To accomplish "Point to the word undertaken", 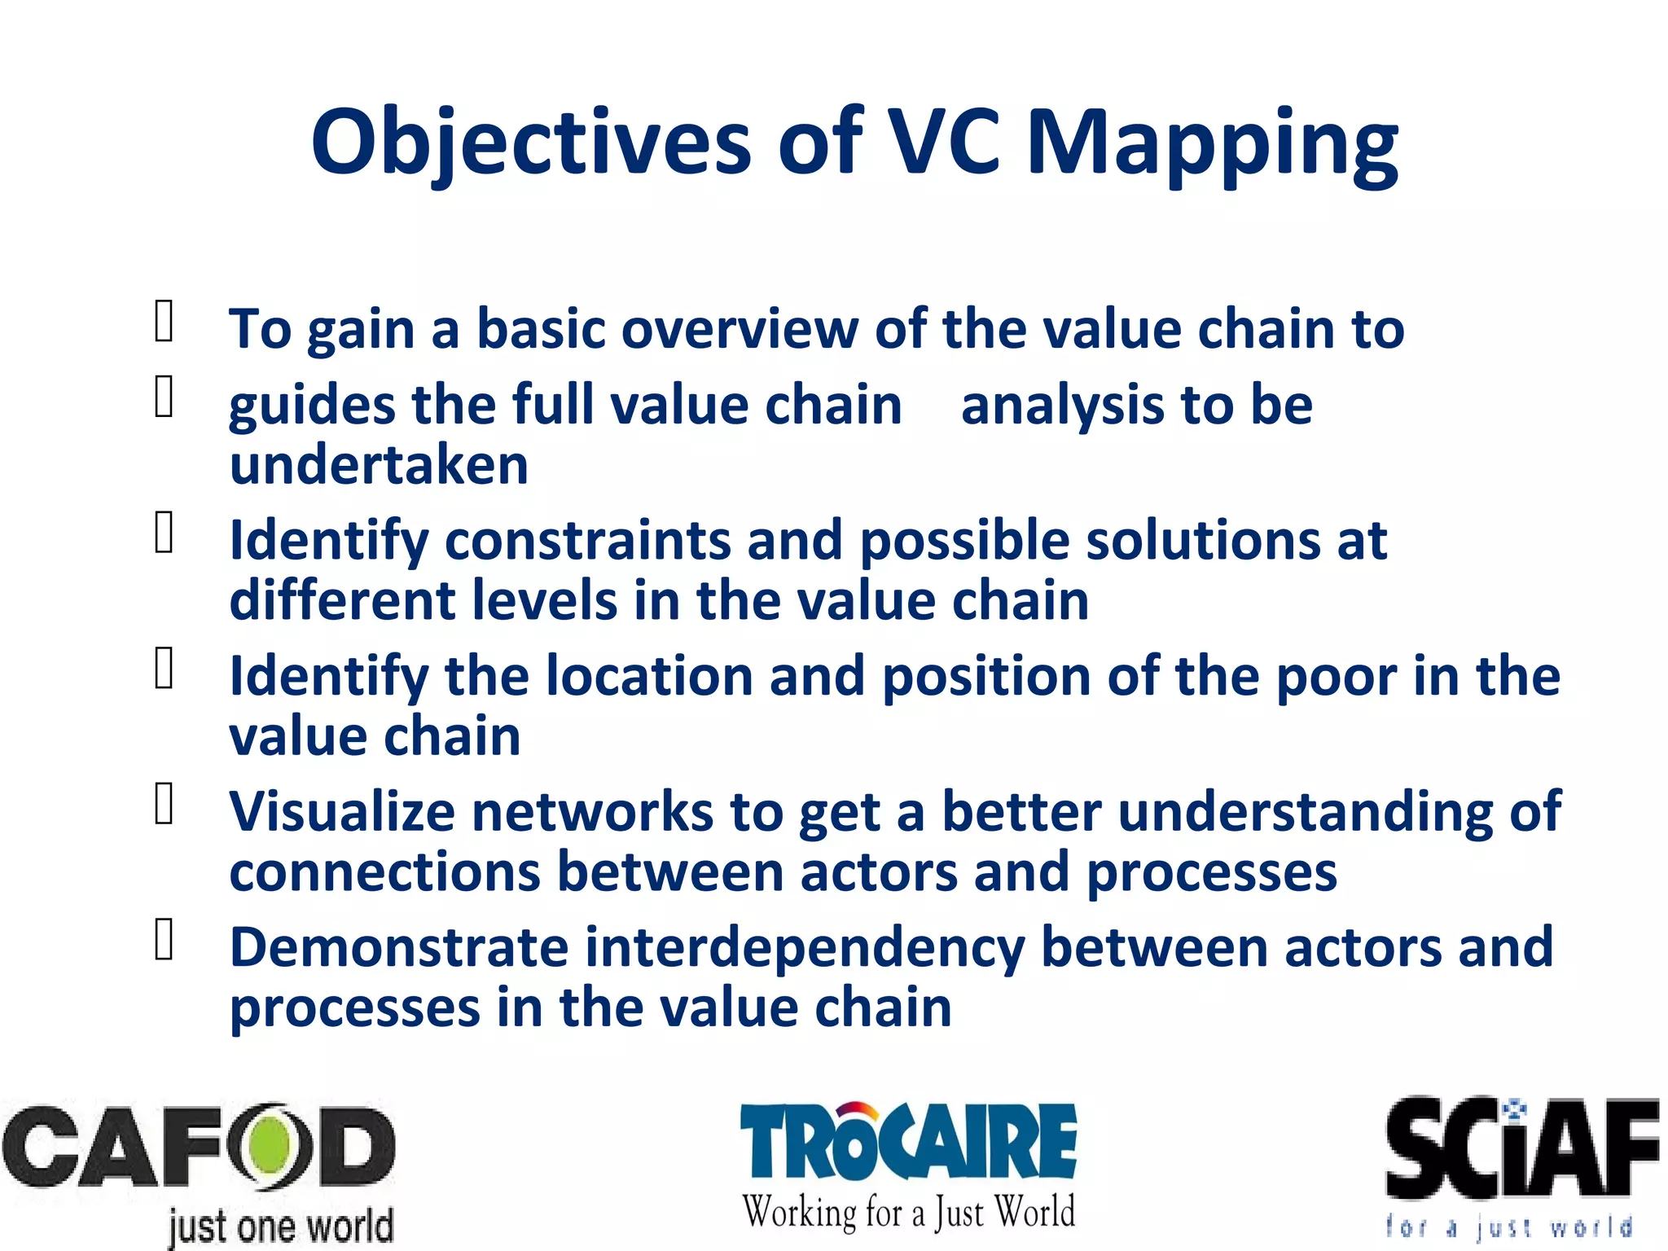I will coord(379,465).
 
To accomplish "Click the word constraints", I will coord(587,541).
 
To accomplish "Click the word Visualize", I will coord(341,812).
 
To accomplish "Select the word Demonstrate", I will coord(398,948).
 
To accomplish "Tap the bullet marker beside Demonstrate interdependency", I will coord(164,940).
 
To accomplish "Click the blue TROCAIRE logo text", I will coord(908,1141).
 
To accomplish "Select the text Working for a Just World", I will coord(908,1212).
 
